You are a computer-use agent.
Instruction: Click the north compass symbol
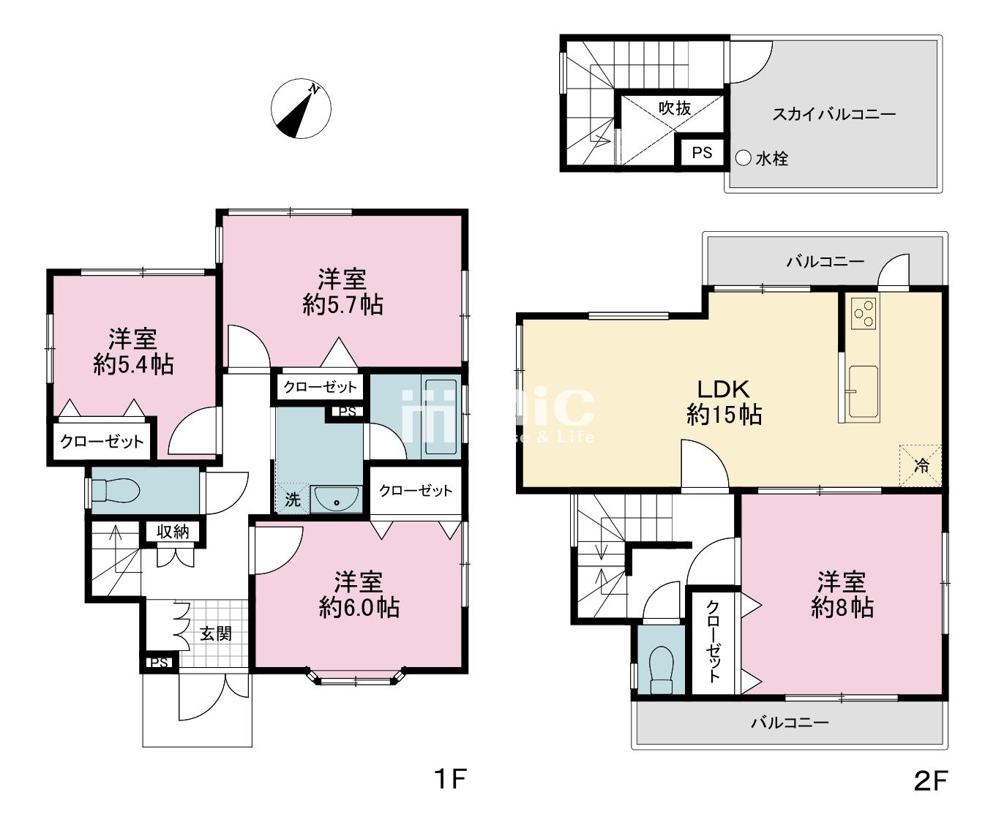301,109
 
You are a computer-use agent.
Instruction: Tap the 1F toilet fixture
115,491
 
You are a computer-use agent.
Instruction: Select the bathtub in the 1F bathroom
441,417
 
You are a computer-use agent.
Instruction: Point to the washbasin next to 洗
337,499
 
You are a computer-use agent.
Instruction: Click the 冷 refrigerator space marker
921,466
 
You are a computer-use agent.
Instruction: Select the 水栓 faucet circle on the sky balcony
744,158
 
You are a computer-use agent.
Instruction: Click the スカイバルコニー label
834,114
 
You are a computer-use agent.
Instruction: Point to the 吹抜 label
675,108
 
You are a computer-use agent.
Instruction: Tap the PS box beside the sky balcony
702,153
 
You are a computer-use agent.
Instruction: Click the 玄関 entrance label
216,633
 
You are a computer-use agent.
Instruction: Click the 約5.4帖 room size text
133,365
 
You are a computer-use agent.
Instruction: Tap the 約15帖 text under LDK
724,414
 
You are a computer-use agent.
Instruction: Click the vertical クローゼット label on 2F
713,641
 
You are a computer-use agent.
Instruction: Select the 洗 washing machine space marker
293,499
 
